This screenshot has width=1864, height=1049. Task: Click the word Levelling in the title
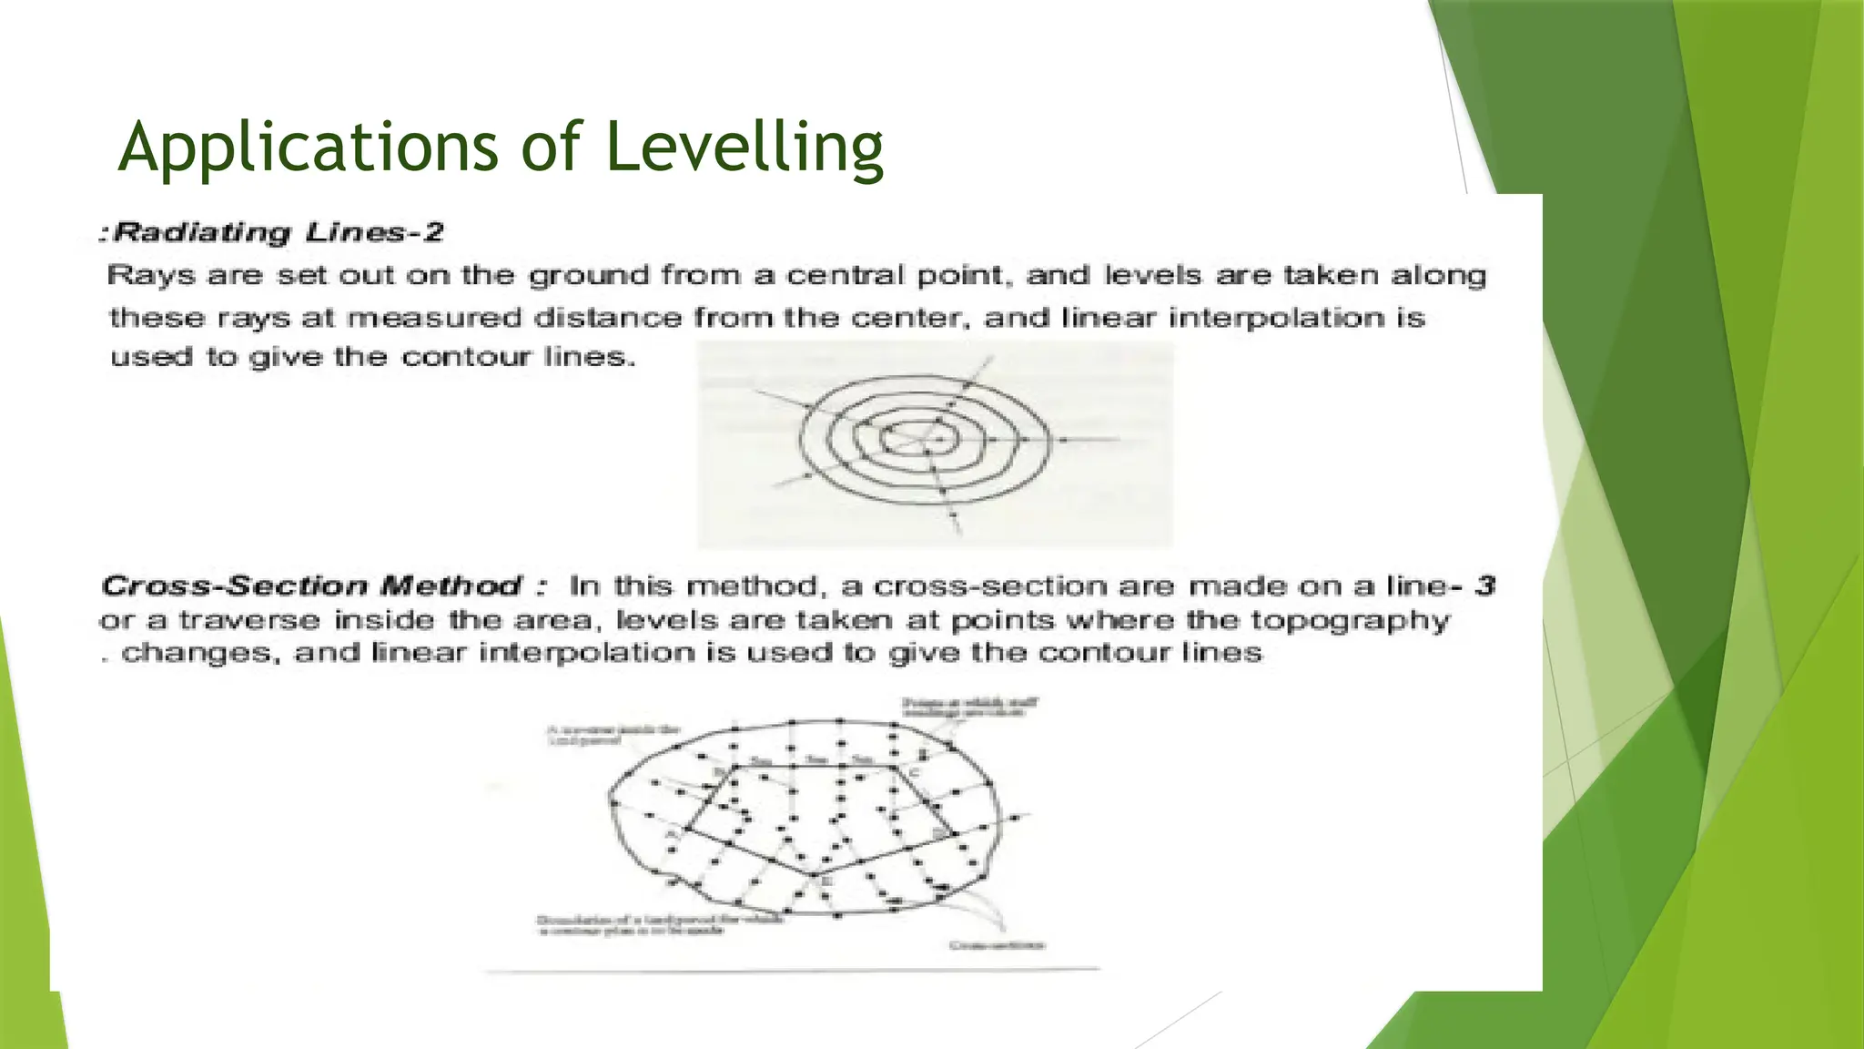tap(744, 148)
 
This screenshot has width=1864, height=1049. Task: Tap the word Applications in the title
tap(308, 148)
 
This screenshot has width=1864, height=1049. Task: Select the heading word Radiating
tap(202, 232)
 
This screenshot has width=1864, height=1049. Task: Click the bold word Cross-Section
tap(234, 586)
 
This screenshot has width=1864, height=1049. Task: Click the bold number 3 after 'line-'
tap(1484, 586)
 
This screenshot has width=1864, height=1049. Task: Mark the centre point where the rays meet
tap(925, 443)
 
